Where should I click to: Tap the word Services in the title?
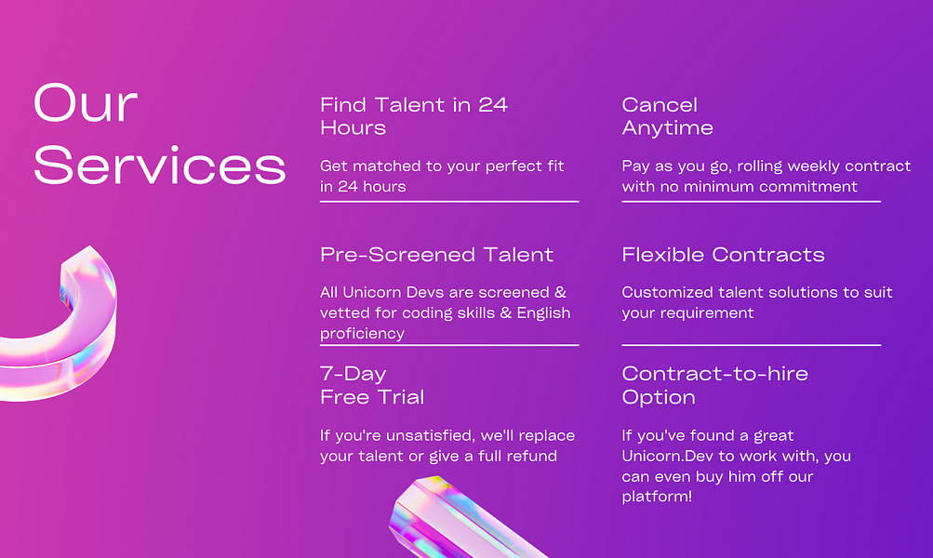tap(159, 166)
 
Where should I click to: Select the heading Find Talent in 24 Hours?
tap(414, 116)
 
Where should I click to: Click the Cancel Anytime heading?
tap(667, 116)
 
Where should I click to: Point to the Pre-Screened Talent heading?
tap(436, 255)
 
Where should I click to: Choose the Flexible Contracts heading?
tap(723, 255)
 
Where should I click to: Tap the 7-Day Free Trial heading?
tap(372, 385)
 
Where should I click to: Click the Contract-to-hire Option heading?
tap(714, 385)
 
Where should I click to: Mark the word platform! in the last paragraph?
tap(657, 497)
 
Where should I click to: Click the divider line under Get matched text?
tap(449, 201)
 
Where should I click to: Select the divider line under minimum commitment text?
tap(751, 201)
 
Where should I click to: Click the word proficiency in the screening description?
tap(362, 333)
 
